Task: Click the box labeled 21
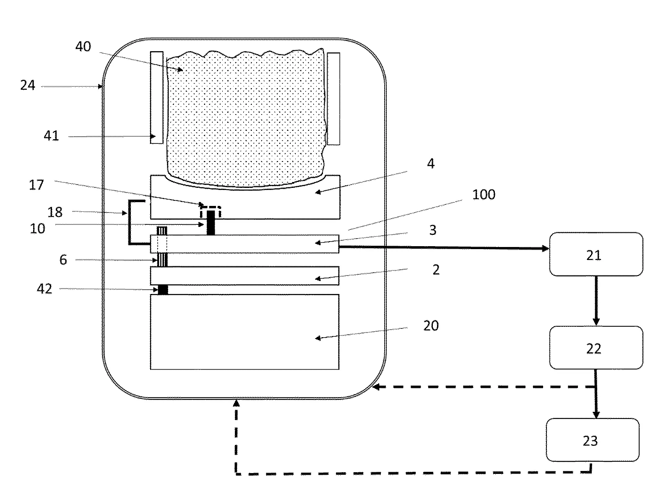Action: (x=596, y=255)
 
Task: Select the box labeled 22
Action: (x=596, y=348)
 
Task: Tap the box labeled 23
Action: (x=593, y=440)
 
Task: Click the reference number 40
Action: (x=83, y=47)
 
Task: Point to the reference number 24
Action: (x=28, y=85)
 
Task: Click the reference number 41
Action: (x=51, y=136)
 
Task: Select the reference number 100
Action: (x=484, y=195)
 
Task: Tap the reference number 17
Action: (x=36, y=185)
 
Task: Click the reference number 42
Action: (x=44, y=289)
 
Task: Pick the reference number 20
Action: (x=431, y=326)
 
